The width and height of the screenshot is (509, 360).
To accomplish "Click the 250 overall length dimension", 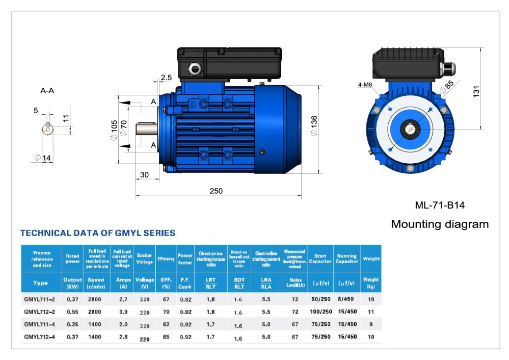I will tap(216, 191).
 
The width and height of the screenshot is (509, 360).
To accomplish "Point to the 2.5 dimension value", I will tap(166, 78).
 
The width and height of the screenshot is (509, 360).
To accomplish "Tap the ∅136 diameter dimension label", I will tap(314, 125).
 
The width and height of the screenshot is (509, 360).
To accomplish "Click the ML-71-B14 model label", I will tap(440, 205).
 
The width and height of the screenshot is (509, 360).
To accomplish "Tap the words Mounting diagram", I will tap(440, 224).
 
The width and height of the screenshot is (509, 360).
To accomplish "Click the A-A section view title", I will tap(47, 91).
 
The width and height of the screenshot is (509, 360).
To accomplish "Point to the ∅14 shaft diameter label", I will tap(43, 158).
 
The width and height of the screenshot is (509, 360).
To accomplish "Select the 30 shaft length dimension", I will tap(144, 175).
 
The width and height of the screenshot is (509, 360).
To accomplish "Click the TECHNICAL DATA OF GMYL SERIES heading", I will tap(97, 233).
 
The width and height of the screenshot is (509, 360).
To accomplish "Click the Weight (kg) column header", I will tap(371, 282).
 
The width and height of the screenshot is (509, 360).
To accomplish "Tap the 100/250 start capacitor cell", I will tap(320, 311).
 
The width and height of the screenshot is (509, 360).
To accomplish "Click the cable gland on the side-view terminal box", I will tap(194, 68).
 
